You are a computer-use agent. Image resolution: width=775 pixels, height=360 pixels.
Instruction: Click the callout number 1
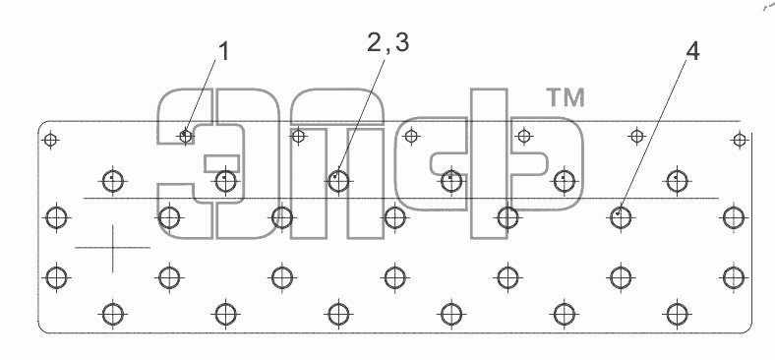coord(224,52)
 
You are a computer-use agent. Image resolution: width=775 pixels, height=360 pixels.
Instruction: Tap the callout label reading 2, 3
coord(388,43)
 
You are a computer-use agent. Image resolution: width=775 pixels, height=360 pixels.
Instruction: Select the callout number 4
coord(693,51)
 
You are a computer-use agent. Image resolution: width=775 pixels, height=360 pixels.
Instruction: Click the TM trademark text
coord(566,97)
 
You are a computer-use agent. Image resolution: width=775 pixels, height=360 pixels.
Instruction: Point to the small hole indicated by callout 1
coord(186,135)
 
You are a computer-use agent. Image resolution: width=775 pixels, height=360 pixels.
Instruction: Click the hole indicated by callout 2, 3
coord(338,182)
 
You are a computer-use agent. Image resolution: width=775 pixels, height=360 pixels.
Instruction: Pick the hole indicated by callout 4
coord(621,217)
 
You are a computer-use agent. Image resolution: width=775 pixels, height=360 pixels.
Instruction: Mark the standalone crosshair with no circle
coord(113,247)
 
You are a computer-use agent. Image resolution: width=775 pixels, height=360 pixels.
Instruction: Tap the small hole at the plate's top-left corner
coord(50,141)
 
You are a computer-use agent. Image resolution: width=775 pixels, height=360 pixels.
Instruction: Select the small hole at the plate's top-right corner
coord(740,141)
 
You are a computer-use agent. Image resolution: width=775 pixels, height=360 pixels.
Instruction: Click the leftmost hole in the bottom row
coord(113,314)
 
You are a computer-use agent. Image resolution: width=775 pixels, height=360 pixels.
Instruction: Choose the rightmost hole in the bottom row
coord(677,314)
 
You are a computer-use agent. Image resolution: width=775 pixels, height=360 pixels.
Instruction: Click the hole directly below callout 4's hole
coord(621,277)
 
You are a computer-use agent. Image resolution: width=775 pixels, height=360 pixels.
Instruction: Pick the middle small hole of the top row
coord(411,136)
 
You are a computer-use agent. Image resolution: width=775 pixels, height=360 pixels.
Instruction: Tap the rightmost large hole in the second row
coord(677,182)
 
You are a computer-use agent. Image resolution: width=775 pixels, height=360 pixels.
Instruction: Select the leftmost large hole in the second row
coord(113,182)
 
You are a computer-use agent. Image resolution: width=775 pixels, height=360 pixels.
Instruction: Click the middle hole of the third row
coord(394,217)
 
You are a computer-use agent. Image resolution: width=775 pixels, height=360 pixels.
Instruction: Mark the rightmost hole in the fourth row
coord(734,277)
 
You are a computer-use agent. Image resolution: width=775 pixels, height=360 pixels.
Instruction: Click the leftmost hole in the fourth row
coord(57,277)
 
